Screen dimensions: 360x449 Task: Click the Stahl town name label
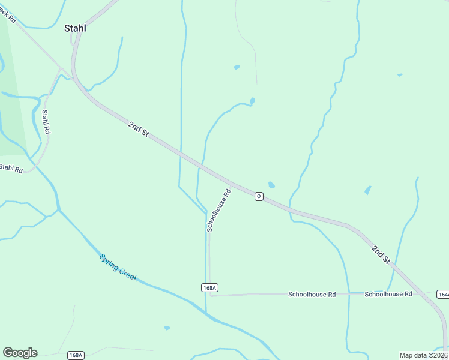(75, 28)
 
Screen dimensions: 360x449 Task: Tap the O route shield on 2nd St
(259, 196)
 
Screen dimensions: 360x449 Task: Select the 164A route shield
(443, 294)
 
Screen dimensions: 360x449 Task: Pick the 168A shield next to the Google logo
(76, 355)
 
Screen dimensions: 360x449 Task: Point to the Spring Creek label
(119, 268)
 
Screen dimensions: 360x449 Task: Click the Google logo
(20, 353)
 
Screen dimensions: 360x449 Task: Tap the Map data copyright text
(424, 355)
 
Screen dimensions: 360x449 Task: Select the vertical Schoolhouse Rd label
(218, 211)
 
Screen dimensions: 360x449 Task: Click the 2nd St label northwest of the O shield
(138, 128)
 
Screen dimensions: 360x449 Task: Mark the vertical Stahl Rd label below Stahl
(46, 122)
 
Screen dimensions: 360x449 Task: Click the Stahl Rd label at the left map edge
(11, 169)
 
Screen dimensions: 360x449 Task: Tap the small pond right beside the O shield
(271, 185)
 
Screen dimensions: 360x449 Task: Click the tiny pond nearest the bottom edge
(167, 328)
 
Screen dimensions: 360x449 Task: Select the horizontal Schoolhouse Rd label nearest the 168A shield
(311, 295)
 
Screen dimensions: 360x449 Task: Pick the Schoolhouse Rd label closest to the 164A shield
(388, 294)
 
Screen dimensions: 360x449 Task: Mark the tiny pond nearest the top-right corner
(400, 75)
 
